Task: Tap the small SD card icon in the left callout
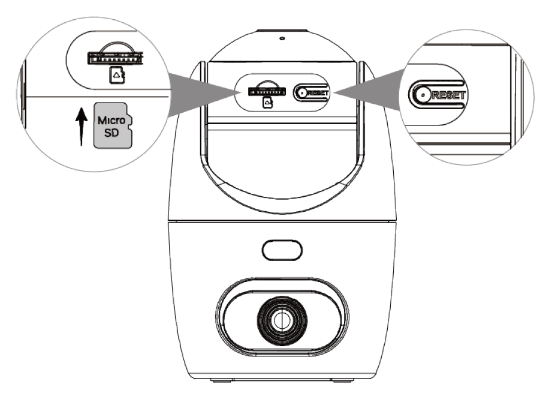(116, 75)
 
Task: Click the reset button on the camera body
(300, 92)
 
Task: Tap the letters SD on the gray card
(112, 133)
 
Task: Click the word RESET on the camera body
(316, 92)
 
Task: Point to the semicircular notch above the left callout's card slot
(113, 49)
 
